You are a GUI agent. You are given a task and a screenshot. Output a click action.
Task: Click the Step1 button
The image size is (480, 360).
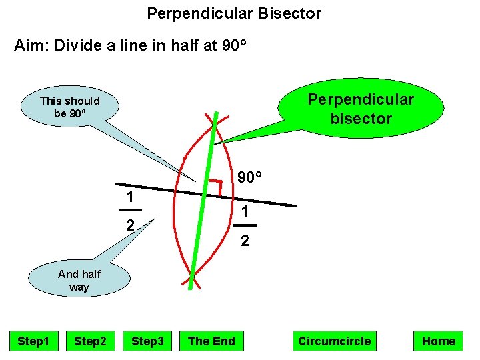tap(33, 341)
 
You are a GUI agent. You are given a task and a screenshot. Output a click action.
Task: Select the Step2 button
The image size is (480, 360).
tap(90, 341)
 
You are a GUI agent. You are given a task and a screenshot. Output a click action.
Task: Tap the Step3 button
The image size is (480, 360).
tap(147, 341)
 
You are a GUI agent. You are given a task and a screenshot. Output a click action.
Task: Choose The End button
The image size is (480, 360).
tap(211, 341)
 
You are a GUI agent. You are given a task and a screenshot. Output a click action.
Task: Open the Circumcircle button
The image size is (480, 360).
tap(334, 341)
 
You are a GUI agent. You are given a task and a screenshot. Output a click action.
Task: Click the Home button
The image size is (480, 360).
tap(439, 341)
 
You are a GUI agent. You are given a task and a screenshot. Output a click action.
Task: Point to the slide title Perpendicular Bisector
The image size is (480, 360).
tap(234, 13)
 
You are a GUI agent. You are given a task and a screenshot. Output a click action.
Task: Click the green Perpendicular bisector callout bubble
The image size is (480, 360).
tap(360, 109)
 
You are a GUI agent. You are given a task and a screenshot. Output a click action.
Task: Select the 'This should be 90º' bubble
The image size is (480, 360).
tap(70, 107)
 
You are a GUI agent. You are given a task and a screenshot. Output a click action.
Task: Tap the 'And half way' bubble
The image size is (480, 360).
tap(79, 281)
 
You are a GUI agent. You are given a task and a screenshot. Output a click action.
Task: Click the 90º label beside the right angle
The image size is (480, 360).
tap(249, 177)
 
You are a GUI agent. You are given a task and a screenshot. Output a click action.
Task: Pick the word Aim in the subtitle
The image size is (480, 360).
tap(31, 46)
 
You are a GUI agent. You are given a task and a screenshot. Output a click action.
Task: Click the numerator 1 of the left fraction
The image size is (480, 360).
tap(132, 197)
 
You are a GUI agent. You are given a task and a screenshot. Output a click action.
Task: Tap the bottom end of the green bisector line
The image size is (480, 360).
tap(189, 288)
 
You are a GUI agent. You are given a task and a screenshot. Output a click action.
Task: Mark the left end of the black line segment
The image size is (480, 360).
tap(116, 183)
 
